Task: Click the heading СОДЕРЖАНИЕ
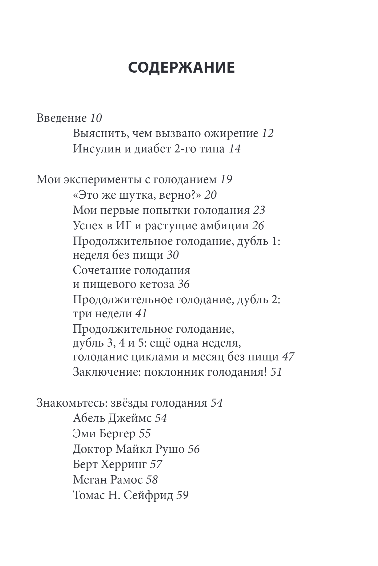tap(181, 68)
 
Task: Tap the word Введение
tap(61, 118)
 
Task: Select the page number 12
tap(268, 133)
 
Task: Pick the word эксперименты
tap(102, 180)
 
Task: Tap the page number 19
tap(226, 180)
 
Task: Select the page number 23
tap(259, 210)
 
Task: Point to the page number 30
tap(173, 255)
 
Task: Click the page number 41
tap(141, 314)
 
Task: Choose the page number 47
tap(288, 357)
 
